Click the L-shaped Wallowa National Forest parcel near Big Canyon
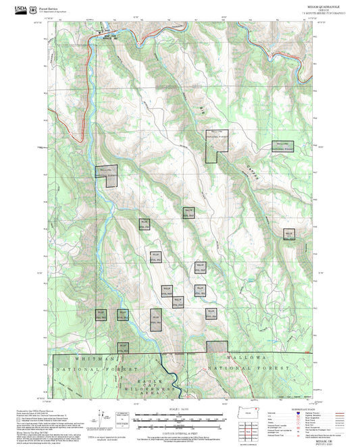(x=215, y=144)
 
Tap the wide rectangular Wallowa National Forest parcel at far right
(x=283, y=145)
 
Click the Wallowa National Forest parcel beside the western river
(x=106, y=174)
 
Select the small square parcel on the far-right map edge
(x=290, y=234)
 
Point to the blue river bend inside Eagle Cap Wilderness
(x=174, y=382)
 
